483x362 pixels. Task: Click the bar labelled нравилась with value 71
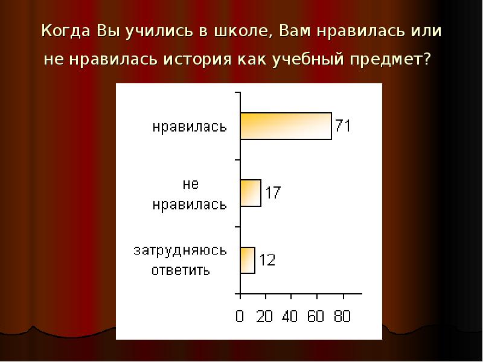286,126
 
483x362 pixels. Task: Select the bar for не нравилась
251,193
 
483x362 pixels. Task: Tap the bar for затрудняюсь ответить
248,260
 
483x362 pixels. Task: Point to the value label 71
343,126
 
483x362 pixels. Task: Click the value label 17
272,193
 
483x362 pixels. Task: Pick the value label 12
267,260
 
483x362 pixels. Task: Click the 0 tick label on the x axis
240,316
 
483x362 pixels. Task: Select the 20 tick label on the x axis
265,316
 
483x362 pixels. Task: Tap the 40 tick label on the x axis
291,316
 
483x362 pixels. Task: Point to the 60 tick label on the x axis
316,316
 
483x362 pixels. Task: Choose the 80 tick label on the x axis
342,316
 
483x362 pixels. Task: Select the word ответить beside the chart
180,269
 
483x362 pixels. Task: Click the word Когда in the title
65,31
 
